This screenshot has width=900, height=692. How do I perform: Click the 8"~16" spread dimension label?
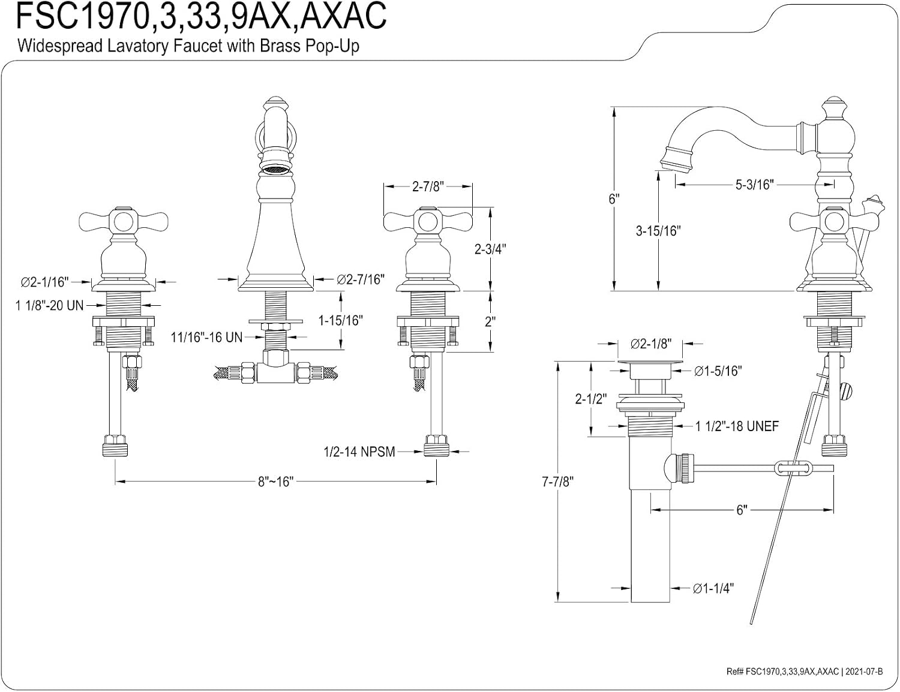pyautogui.click(x=276, y=482)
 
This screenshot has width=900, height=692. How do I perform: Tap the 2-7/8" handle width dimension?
pyautogui.click(x=428, y=186)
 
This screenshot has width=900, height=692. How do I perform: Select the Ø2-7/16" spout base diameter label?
pyautogui.click(x=361, y=280)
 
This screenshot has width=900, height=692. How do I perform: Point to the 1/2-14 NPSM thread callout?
pyautogui.click(x=359, y=452)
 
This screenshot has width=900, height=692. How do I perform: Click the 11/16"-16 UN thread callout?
pyautogui.click(x=206, y=338)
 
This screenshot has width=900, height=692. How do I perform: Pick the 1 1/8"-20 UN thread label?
pyautogui.click(x=50, y=305)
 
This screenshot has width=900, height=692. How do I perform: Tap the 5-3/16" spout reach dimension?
pyautogui.click(x=754, y=185)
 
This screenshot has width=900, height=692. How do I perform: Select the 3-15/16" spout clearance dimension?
pyautogui.click(x=658, y=231)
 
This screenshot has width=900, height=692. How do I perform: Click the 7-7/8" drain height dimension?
pyautogui.click(x=557, y=482)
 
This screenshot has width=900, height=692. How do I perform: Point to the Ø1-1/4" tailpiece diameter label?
pyautogui.click(x=713, y=588)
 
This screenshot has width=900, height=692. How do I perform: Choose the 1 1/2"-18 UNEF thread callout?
pyautogui.click(x=737, y=426)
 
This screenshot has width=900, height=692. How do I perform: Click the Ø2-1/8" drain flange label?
pyautogui.click(x=651, y=344)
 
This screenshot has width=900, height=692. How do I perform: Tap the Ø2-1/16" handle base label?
pyautogui.click(x=45, y=282)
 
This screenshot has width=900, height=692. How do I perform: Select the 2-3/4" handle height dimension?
pyautogui.click(x=490, y=249)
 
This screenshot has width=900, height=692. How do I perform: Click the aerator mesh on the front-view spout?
pyautogui.click(x=275, y=170)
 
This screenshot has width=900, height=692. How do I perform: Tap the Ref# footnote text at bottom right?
pyautogui.click(x=805, y=671)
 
